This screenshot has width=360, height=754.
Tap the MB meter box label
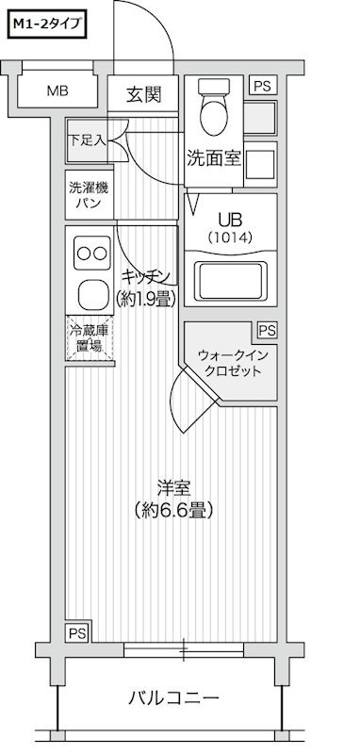(58, 91)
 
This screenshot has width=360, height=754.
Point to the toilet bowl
(214, 114)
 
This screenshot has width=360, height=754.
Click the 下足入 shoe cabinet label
(86, 139)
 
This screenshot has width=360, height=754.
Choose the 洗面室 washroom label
(214, 157)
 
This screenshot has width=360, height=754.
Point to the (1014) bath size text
(230, 238)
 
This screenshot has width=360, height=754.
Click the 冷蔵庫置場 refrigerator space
(89, 340)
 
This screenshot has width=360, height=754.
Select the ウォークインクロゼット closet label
(230, 363)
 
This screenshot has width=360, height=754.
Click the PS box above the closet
(268, 330)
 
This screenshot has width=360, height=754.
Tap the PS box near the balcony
(75, 631)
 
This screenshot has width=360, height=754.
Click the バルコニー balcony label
(173, 698)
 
